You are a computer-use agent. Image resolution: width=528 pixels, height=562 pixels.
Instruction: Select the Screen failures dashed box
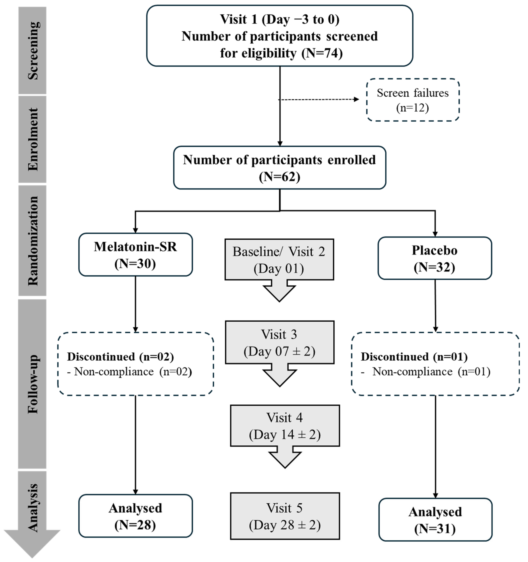(x=412, y=100)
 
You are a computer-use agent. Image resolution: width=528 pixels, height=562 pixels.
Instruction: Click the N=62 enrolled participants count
(x=280, y=177)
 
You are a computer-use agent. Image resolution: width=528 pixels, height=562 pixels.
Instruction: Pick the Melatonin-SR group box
(x=135, y=255)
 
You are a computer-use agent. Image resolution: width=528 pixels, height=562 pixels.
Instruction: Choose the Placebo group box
(x=435, y=258)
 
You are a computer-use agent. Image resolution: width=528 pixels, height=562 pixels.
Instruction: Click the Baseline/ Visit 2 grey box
(x=279, y=260)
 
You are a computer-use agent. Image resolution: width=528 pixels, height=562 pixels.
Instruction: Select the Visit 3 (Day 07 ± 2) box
(x=280, y=342)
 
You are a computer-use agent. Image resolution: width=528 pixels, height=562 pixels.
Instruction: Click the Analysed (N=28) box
(x=135, y=516)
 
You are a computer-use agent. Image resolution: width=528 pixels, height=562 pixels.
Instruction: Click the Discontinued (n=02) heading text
(x=120, y=357)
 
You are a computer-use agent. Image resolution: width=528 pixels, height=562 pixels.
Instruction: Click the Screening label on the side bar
(x=33, y=51)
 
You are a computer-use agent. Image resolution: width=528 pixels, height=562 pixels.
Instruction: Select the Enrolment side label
(x=33, y=139)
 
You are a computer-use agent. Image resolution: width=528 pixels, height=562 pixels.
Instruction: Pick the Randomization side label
(x=33, y=241)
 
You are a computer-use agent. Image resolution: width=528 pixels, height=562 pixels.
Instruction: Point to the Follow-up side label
(x=33, y=384)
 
